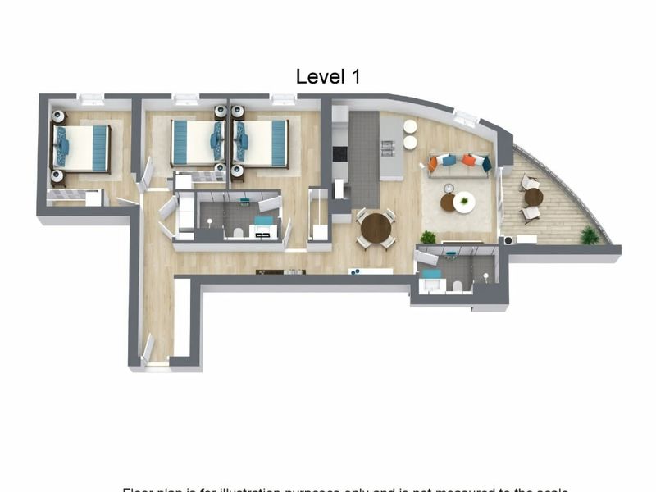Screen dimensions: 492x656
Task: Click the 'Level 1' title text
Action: (328, 77)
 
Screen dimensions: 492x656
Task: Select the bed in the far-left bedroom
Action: (83, 148)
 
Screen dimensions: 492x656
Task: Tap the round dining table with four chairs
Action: (376, 227)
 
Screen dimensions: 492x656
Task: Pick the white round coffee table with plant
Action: (465, 202)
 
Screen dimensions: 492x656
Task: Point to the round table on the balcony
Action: (534, 197)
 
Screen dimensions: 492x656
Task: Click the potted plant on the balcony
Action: (589, 236)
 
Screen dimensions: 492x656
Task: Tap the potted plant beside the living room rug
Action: (427, 238)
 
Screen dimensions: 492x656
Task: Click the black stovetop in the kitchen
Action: (339, 153)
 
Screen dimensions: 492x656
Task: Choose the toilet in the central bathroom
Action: (238, 233)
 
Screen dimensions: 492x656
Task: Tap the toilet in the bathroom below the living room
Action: (458, 286)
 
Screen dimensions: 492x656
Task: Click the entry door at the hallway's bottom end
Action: (148, 350)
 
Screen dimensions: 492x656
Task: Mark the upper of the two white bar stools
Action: (410, 127)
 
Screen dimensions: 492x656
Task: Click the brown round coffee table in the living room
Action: (449, 203)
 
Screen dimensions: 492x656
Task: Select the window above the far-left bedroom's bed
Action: (91, 101)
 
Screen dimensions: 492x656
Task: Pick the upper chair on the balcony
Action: (529, 182)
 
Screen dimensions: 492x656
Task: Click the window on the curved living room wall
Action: (466, 116)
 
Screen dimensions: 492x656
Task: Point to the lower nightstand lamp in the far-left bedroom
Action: (57, 175)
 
